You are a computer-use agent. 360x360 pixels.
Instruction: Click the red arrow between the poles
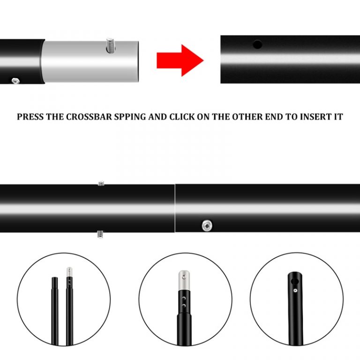180,60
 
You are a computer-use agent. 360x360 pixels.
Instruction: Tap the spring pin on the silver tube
111,45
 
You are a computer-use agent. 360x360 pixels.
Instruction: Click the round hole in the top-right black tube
257,45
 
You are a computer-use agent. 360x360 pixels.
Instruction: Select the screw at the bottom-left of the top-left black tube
15,81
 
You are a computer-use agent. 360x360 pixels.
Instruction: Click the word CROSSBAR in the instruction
89,117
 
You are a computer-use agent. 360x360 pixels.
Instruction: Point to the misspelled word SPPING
130,117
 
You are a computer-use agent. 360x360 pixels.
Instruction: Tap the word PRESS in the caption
30,117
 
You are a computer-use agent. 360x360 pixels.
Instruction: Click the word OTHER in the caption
247,117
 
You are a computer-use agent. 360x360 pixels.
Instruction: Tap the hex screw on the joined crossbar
207,225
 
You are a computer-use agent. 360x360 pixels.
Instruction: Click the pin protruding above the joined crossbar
101,183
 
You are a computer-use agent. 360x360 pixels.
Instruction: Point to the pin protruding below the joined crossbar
100,234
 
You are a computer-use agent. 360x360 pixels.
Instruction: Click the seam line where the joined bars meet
175,208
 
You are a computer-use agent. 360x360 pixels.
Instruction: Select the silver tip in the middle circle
184,280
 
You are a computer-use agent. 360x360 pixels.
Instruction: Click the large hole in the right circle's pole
294,281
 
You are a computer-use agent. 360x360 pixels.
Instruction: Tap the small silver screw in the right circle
295,291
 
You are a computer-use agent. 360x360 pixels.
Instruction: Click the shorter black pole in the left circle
55,311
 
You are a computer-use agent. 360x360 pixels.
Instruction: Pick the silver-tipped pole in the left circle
69,306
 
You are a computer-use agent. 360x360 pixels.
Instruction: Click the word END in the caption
274,117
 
